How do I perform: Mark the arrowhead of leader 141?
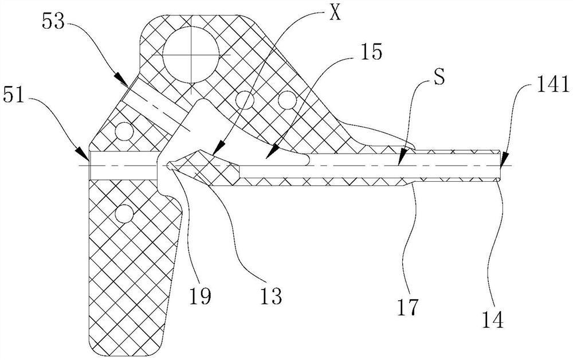pyautogui.click(x=503, y=155)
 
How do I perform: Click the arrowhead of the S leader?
pyautogui.click(x=402, y=155)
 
